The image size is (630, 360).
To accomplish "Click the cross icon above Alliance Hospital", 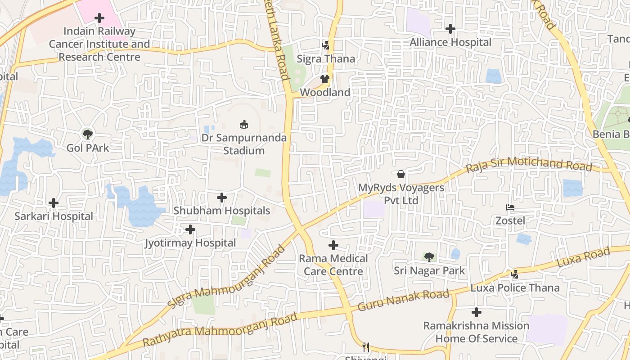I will [450, 29].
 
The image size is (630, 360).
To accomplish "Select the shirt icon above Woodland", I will [325, 79].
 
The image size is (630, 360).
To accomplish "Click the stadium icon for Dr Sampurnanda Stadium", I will [244, 124].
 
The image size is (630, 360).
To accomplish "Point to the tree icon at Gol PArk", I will [88, 134].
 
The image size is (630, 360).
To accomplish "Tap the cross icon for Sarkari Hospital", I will [54, 203].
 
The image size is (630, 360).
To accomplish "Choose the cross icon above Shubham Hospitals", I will [222, 198].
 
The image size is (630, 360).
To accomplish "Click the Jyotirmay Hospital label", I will [190, 243].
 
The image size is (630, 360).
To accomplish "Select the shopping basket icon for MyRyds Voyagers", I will [401, 174].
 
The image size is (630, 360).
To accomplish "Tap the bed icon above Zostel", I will [510, 207].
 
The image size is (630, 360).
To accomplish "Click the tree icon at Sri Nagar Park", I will [429, 257].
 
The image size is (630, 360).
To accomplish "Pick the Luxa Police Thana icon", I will [515, 274].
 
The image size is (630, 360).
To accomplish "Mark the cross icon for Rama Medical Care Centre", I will [333, 245].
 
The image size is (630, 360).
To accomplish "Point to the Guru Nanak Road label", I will [403, 300].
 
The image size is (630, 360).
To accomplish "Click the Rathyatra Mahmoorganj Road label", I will [220, 329].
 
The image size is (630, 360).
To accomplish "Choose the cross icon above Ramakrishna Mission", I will [477, 312].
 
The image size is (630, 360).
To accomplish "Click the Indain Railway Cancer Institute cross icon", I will [99, 18].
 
